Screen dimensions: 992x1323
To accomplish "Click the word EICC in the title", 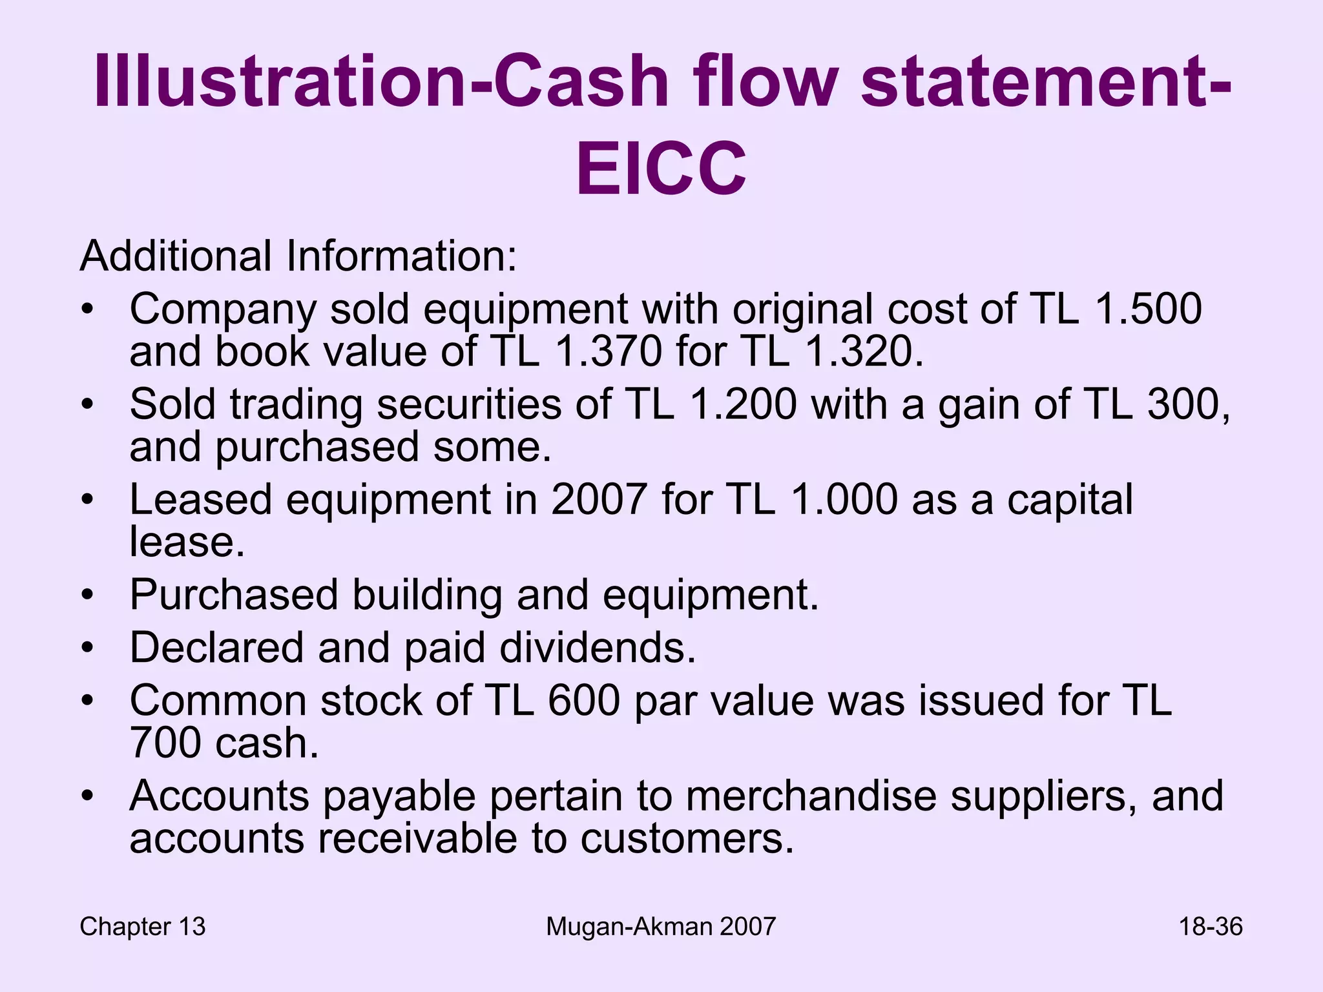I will coord(661,169).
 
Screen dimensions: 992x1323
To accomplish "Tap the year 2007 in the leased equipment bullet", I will coord(598,499).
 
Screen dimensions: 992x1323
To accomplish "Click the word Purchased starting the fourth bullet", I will coord(233,594).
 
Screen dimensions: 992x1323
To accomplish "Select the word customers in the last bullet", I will coord(687,838).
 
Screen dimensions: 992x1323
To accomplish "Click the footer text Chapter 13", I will coord(143,927).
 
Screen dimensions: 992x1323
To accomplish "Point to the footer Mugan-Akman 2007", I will coord(660,927).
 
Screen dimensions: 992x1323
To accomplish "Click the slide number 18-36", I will coord(1211,927).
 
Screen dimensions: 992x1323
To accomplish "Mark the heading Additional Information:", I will coord(298,256).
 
